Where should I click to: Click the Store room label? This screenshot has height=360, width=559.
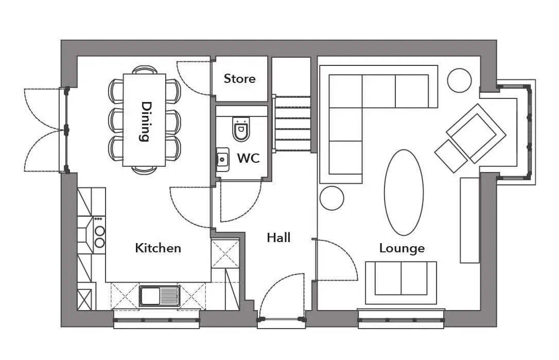tap(239, 78)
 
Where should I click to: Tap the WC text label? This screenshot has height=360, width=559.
tap(249, 158)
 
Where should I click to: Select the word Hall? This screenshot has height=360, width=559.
tap(278, 237)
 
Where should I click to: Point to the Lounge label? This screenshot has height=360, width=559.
tap(402, 248)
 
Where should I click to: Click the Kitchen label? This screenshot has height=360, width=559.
tap(158, 248)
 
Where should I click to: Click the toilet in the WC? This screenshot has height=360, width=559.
tap(241, 129)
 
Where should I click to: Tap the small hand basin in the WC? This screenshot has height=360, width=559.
tap(222, 159)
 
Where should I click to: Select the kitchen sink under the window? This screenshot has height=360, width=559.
tap(160, 296)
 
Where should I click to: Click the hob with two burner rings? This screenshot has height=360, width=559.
tap(99, 235)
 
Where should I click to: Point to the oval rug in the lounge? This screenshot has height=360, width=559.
tap(404, 192)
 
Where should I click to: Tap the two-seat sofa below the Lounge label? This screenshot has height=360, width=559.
tap(401, 283)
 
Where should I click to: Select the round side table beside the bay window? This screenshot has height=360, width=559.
tap(459, 81)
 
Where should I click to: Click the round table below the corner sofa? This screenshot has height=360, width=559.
tap(332, 198)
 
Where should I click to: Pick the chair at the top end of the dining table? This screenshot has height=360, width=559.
tap(145, 70)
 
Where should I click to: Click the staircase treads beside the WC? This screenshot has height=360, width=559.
tap(292, 123)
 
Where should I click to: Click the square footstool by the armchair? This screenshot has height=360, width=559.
tap(451, 156)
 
